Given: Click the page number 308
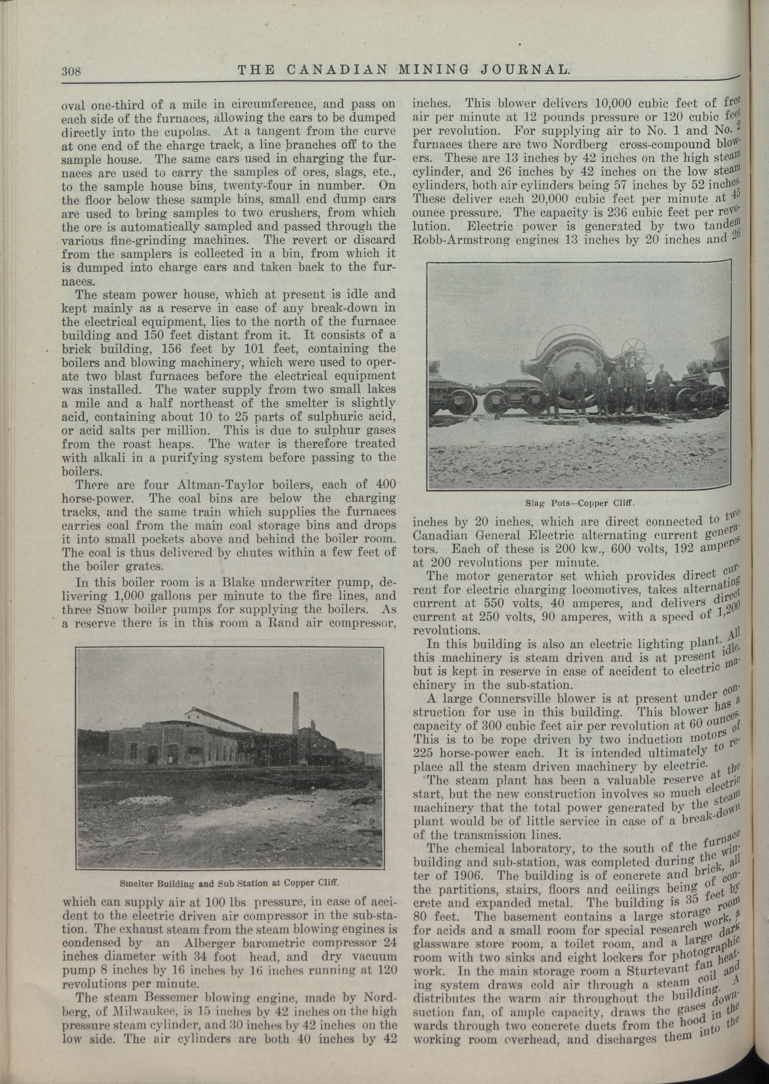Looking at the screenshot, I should click(72, 72).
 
